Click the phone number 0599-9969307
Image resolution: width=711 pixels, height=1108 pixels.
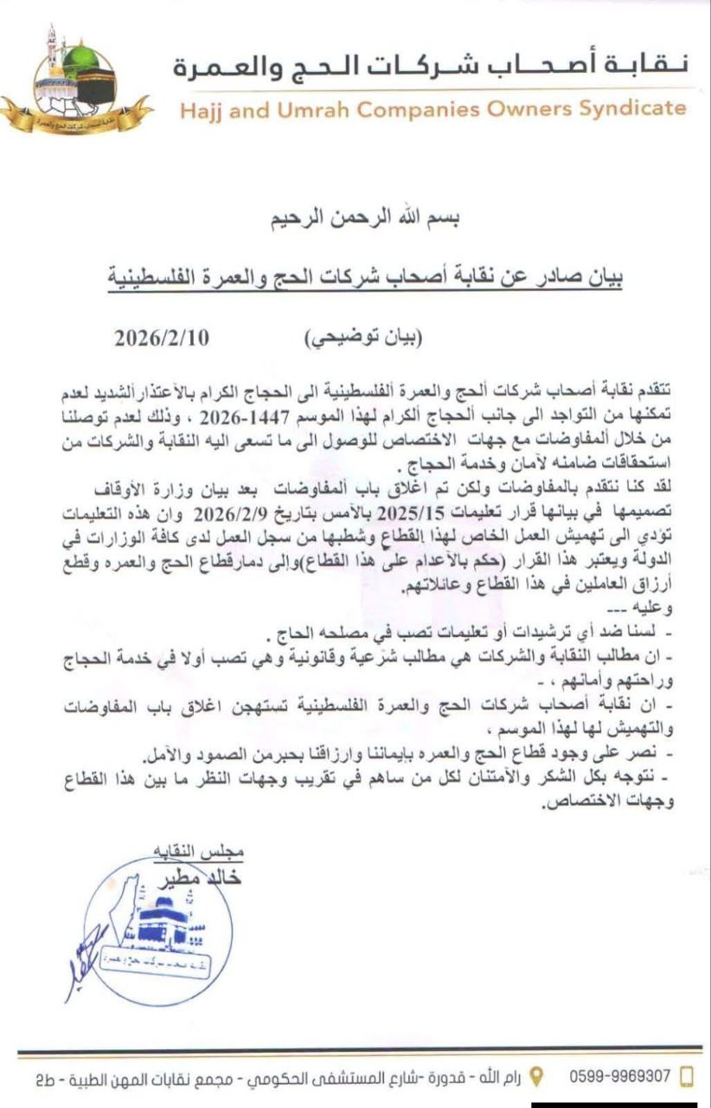coord(620,1076)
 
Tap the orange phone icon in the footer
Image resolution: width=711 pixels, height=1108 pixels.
coord(689,1077)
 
